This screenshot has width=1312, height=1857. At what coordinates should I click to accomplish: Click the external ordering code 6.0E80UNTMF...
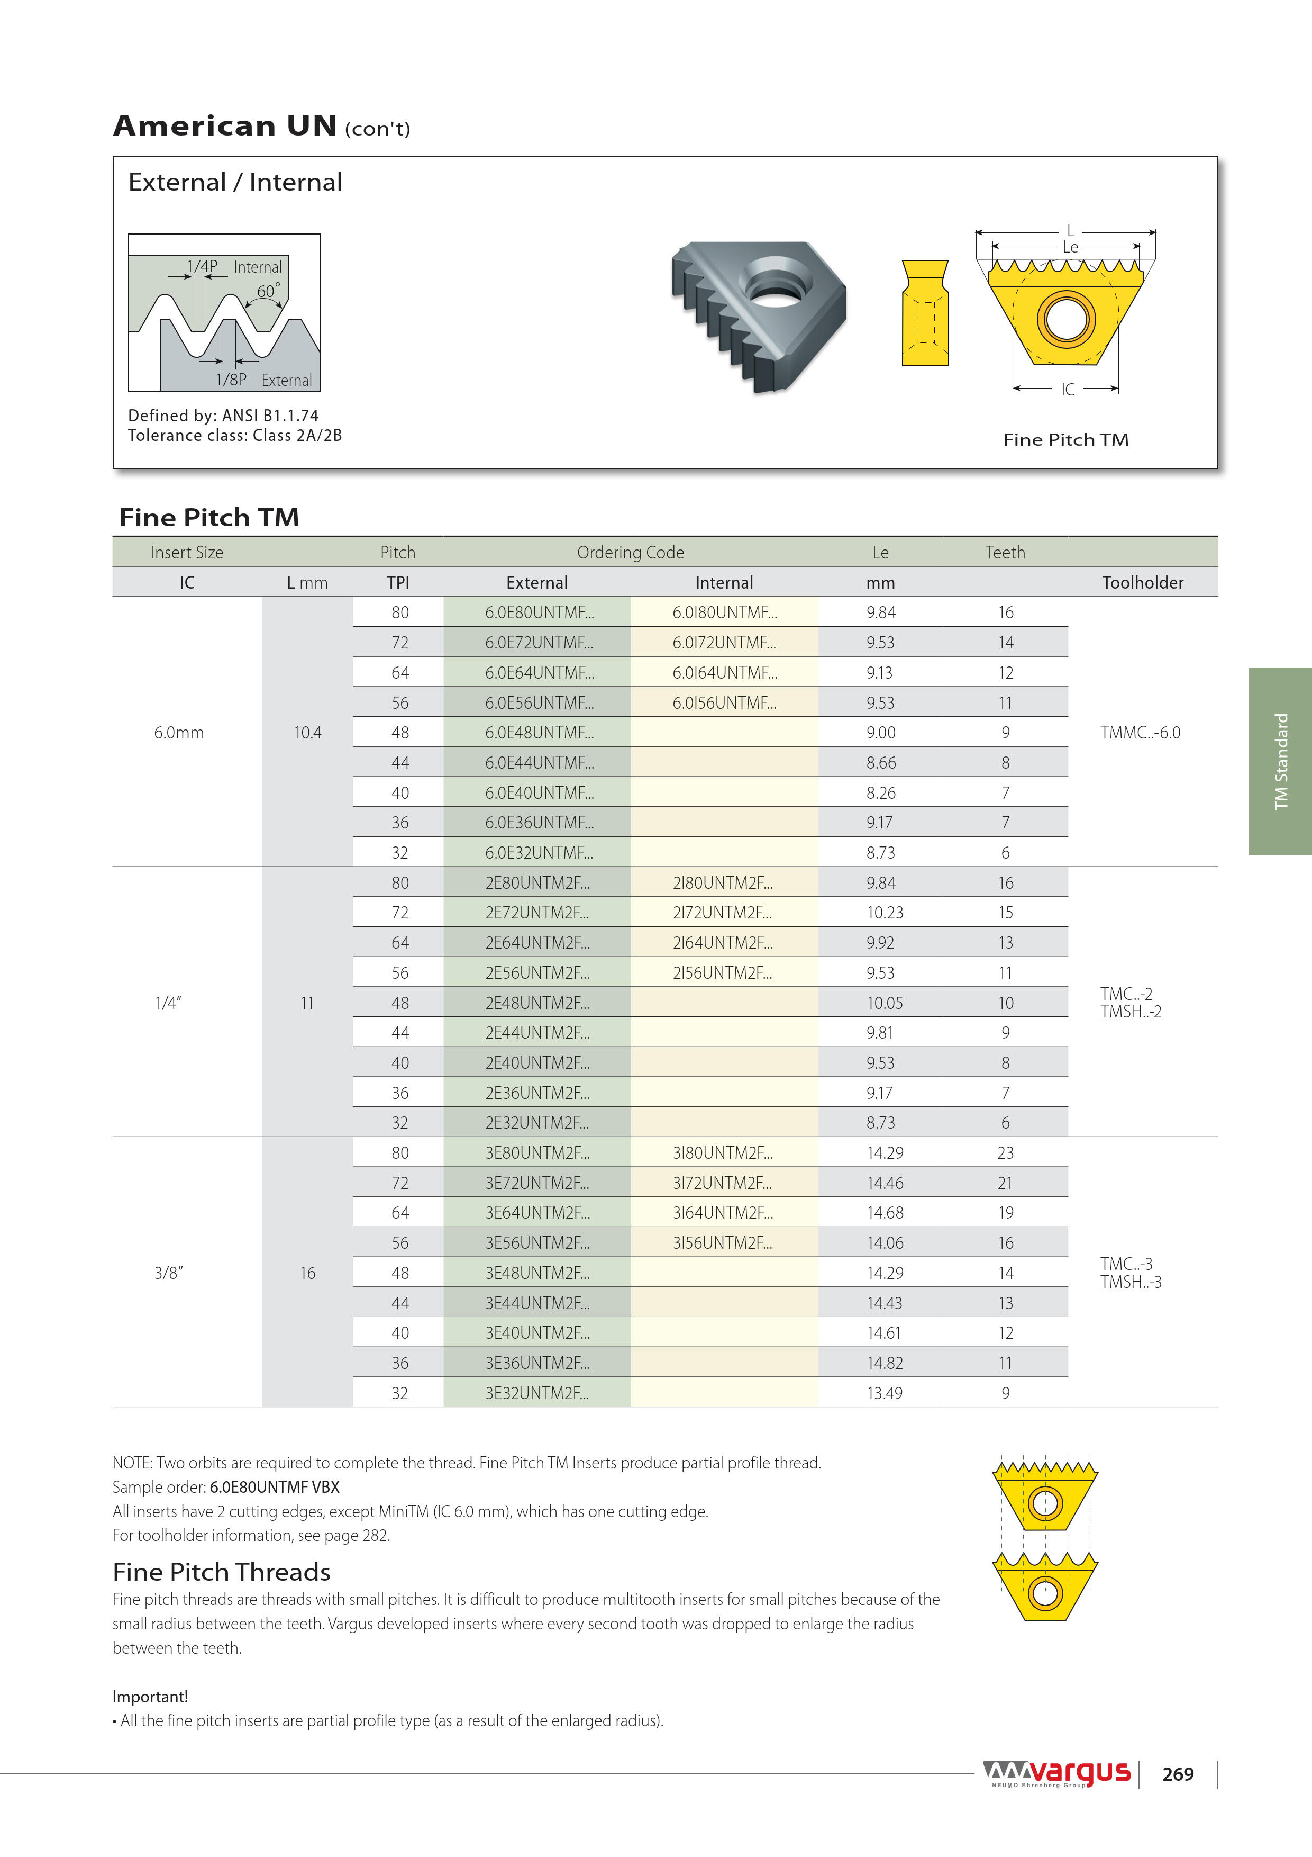(539, 612)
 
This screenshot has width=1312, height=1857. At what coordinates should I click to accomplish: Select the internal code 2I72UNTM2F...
(722, 912)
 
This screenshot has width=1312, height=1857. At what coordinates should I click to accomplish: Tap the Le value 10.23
(885, 912)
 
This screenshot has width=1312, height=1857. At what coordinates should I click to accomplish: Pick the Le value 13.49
(885, 1393)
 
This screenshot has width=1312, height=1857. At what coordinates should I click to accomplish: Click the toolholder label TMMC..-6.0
(1140, 733)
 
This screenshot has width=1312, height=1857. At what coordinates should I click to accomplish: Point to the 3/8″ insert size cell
(169, 1273)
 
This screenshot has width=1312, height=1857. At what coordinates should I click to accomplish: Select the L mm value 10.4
(307, 733)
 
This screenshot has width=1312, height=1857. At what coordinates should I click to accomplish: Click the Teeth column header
(1005, 553)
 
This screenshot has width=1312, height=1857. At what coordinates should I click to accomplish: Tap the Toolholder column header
(1142, 582)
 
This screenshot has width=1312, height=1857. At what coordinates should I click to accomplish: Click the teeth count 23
(1005, 1152)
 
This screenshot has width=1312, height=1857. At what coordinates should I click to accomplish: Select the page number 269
(1178, 1774)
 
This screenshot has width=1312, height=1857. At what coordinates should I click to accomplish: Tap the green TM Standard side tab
(1280, 761)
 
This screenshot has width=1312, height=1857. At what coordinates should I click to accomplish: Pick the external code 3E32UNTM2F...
(537, 1393)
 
